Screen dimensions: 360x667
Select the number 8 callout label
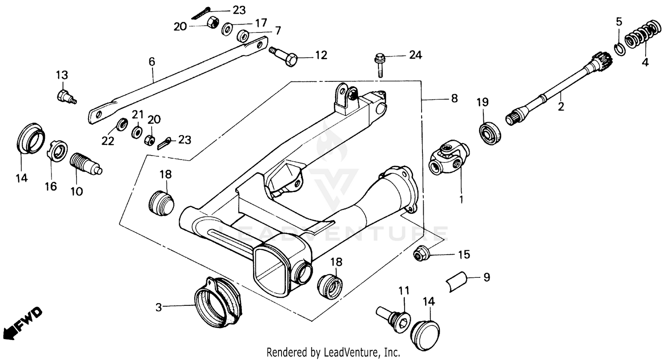pyautogui.click(x=454, y=99)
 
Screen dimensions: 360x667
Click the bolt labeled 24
pyautogui.click(x=380, y=64)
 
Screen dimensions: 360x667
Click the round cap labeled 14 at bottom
pyautogui.click(x=425, y=331)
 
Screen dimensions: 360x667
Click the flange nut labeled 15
pyautogui.click(x=421, y=255)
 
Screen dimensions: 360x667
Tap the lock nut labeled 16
pyautogui.click(x=56, y=152)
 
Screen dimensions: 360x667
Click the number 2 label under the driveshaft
pyautogui.click(x=561, y=107)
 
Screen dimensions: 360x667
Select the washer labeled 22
pyautogui.click(x=120, y=124)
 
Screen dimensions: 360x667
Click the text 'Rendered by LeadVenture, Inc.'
pyautogui.click(x=333, y=352)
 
